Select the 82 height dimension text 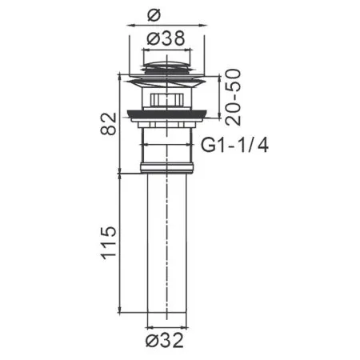[107, 123]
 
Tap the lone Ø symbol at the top [166, 14]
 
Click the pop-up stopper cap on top [166, 63]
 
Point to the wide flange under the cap [166, 81]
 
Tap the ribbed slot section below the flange [166, 99]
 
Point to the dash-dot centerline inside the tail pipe [166, 264]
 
